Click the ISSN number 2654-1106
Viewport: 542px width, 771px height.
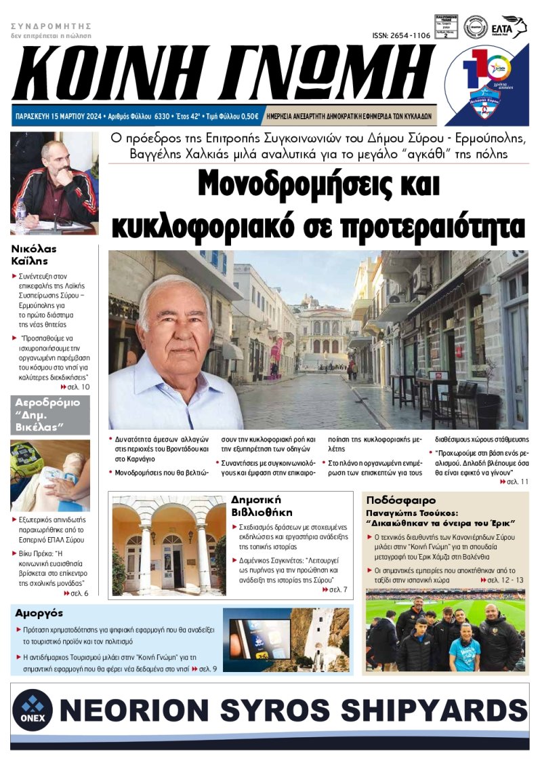pyautogui.click(x=401, y=35)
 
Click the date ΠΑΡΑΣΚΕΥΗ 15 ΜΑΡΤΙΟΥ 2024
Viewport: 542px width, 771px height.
pyautogui.click(x=58, y=117)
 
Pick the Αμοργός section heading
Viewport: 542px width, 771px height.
pyautogui.click(x=39, y=613)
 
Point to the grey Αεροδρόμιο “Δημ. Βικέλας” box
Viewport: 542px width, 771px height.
pyautogui.click(x=50, y=415)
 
